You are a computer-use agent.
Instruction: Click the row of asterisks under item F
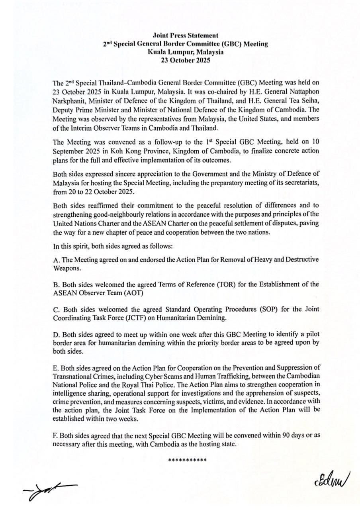tap(187, 461)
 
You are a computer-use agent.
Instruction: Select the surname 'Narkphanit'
tap(68, 99)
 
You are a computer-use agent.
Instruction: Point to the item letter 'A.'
tap(56, 260)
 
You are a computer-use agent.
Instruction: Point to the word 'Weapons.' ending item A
tap(66, 268)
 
